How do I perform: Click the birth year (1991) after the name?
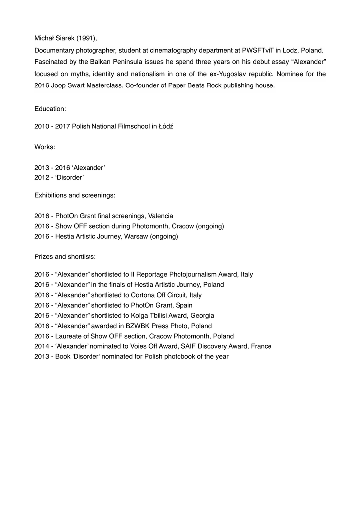pyautogui.click(x=87, y=38)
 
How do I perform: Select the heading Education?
pyautogui.click(x=50, y=108)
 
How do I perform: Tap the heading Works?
pyautogui.click(x=45, y=147)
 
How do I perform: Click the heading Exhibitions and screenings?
pyautogui.click(x=75, y=195)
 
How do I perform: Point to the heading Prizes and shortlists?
pyautogui.click(x=65, y=257)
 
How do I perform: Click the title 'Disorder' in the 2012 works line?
pyautogui.click(x=69, y=177)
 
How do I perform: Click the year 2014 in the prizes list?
pyautogui.click(x=42, y=346)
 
